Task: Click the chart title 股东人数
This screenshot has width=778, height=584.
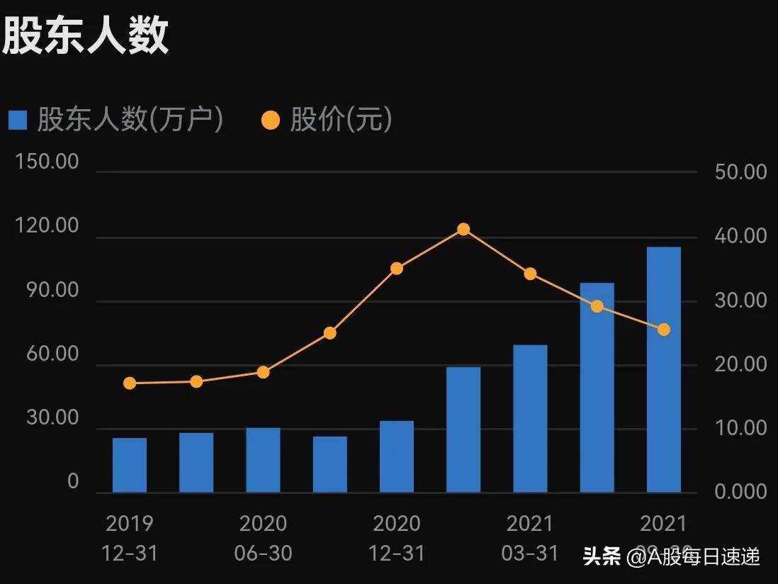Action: point(85,35)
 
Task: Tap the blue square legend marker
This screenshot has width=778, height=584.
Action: point(18,120)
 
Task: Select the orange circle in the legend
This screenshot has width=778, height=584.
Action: point(271,120)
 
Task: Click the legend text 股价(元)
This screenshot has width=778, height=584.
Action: point(341,120)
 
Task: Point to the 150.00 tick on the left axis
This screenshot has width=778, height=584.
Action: point(47,162)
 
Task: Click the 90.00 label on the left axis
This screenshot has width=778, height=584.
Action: point(47,291)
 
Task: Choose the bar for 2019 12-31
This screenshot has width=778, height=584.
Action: point(130,465)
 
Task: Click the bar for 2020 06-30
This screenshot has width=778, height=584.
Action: point(263,460)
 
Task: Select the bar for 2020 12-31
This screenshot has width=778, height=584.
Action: point(397,456)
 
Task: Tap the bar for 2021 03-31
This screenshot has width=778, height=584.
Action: point(530,418)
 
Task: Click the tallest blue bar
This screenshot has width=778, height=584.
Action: point(663,369)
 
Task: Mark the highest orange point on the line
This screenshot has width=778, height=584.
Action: point(463,229)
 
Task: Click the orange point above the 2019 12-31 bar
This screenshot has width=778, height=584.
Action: point(130,383)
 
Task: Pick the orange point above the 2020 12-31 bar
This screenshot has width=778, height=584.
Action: point(397,269)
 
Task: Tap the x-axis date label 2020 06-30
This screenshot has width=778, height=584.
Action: point(263,538)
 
